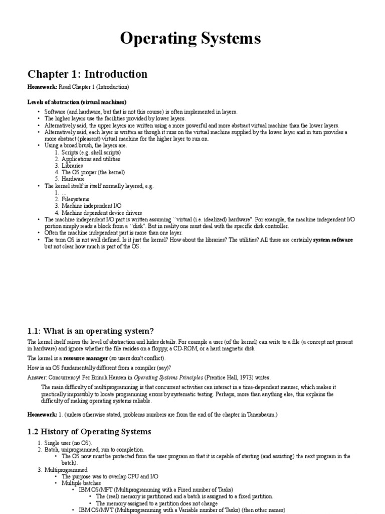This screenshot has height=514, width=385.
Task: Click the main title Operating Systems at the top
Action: click(x=190, y=39)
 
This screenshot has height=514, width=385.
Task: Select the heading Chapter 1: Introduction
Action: click(x=87, y=74)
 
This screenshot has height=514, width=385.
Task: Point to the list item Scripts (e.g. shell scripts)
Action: click(x=91, y=152)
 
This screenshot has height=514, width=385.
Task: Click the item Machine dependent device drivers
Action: click(x=102, y=213)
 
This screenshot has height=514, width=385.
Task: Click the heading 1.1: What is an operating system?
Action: click(x=90, y=331)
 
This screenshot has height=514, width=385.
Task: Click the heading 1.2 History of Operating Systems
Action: click(x=89, y=432)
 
